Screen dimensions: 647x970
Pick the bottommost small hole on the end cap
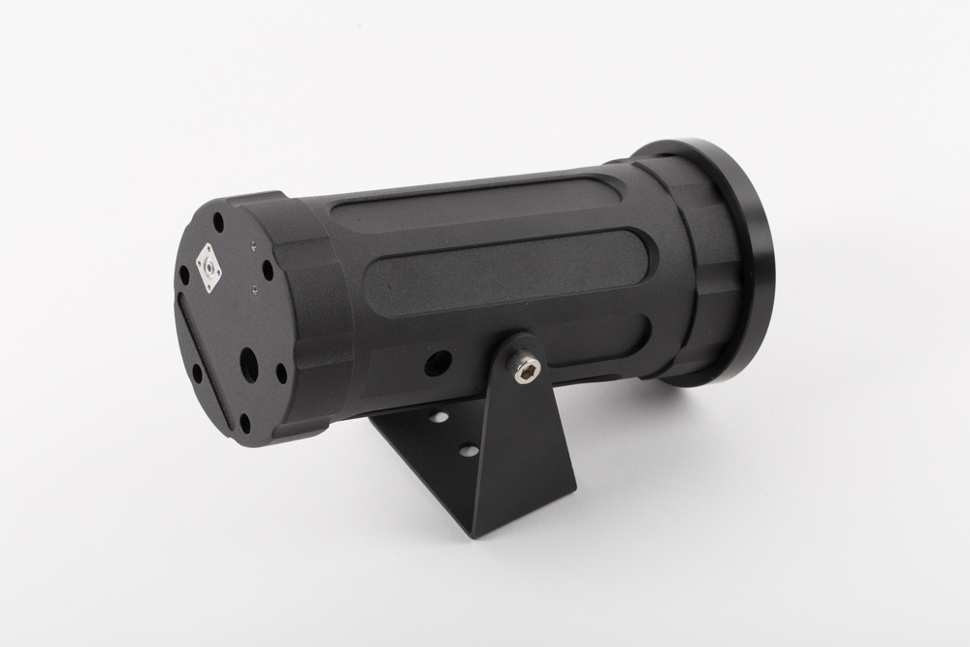pos(245,421)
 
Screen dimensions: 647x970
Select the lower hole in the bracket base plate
pos(467,451)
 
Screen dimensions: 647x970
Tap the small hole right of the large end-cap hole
pos(281,371)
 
